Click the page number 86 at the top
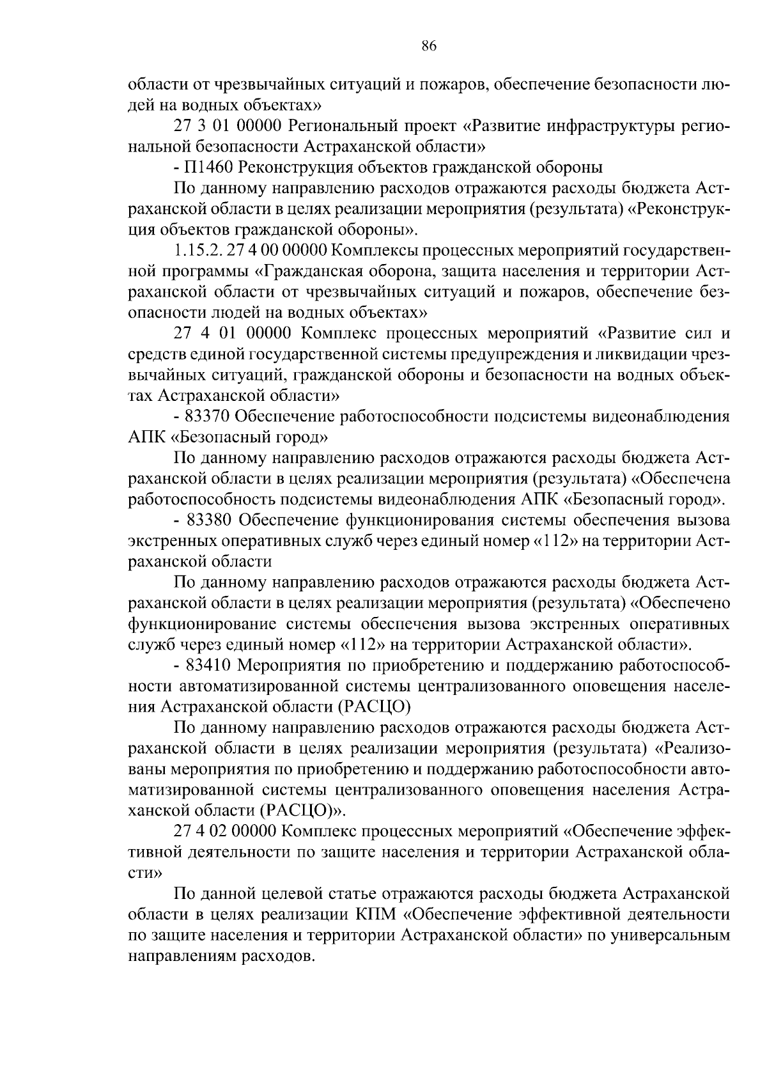[429, 45]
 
